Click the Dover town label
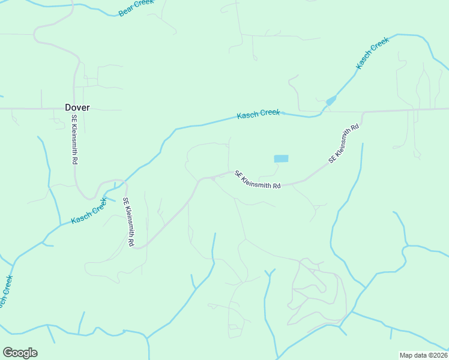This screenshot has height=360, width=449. pos(77,107)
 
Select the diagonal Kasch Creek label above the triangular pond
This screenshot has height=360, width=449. pos(373,53)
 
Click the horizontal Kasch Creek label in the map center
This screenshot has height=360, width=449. pos(258,113)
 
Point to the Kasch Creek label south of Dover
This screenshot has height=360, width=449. pos(88,211)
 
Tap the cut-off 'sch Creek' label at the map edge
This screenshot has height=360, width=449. pos(6,293)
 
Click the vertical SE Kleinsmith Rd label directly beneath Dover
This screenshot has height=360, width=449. pos(75,140)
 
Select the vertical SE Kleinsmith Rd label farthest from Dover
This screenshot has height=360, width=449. pos(128,222)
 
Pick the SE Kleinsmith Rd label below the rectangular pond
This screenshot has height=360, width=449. pos(258,180)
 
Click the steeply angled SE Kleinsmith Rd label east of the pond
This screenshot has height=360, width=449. pos(343,144)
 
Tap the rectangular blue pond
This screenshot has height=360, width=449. pos(281,158)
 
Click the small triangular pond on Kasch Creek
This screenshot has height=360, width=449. pos(331,101)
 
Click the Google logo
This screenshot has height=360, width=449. pos(20,353)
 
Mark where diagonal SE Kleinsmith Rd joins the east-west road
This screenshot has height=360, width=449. pos(364,112)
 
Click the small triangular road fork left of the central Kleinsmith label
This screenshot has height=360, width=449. pos(213,178)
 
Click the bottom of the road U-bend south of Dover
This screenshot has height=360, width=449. pos(91,198)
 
